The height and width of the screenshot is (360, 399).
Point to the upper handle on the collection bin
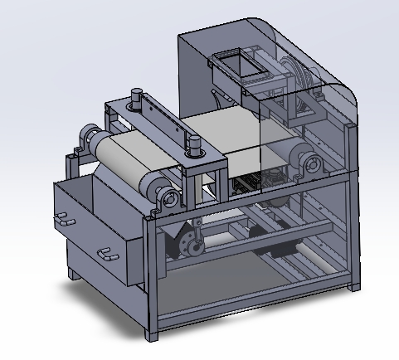[61, 221]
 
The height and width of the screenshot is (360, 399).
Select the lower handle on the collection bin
[104, 252]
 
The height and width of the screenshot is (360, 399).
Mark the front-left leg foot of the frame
[151, 335]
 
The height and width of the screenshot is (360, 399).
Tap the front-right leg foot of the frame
[357, 285]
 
